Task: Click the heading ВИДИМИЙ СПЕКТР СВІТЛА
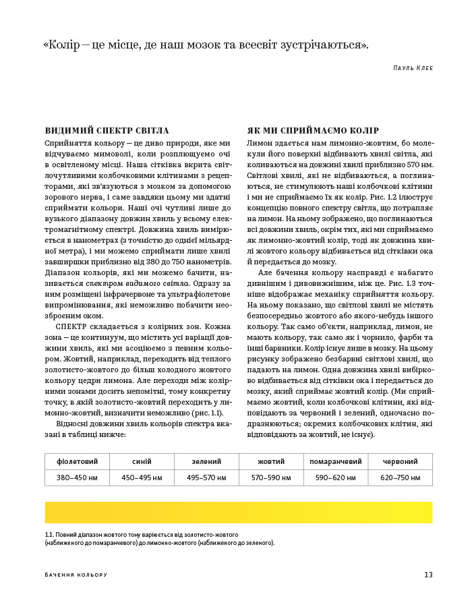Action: tap(107, 131)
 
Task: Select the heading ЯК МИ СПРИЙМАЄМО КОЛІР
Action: tap(313, 131)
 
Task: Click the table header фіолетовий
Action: tap(77, 461)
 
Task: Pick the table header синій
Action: tap(142, 461)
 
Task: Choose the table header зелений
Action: tap(206, 461)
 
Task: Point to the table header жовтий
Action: tap(271, 461)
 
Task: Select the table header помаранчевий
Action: tap(336, 461)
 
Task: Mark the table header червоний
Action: tap(400, 461)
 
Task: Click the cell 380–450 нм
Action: tap(77, 478)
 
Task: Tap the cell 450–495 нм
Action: tap(142, 478)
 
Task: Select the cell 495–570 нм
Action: tap(206, 478)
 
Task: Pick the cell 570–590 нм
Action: tap(271, 478)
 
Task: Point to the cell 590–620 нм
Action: tap(336, 478)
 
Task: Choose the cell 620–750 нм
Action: tap(400, 478)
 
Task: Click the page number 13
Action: tap(428, 575)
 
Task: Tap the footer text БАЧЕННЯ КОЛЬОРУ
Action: tap(76, 575)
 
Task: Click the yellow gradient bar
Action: tap(239, 513)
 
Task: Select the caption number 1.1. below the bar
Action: tap(49, 534)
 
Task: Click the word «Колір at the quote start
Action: tap(63, 45)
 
